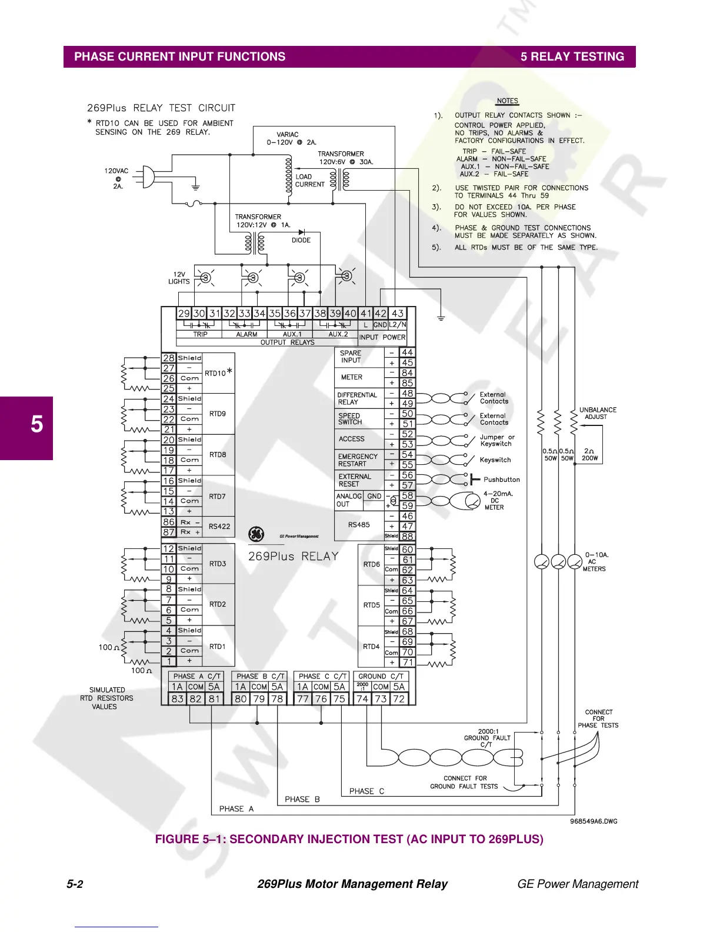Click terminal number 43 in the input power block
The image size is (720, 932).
[398, 314]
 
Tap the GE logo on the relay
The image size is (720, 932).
[256, 534]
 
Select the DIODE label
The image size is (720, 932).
[301, 240]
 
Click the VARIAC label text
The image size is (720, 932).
[288, 135]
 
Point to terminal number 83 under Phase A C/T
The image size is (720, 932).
[177, 699]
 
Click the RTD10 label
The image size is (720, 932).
[215, 373]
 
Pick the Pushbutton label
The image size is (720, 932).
[502, 480]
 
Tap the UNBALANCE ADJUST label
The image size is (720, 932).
[598, 413]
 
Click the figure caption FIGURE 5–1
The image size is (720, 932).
[349, 839]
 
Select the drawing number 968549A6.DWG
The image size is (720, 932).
[594, 821]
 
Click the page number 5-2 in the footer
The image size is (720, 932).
[75, 884]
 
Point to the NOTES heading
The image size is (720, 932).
[507, 101]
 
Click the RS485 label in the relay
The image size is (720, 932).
[359, 524]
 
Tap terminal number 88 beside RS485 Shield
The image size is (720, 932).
[407, 537]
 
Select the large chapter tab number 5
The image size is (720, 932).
[36, 424]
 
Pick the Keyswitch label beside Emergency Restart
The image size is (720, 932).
[495, 460]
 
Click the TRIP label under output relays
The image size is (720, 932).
[201, 334]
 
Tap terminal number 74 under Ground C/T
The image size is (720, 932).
[362, 699]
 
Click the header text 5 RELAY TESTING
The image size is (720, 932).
[572, 56]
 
